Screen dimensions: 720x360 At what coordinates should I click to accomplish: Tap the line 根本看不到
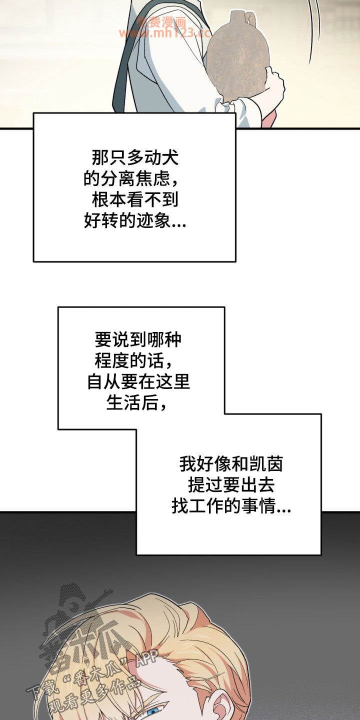[135, 200]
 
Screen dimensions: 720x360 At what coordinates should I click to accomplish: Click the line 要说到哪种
[138, 340]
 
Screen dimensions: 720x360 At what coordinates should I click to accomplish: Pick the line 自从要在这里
[138, 382]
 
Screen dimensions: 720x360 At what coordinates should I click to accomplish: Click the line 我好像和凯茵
[231, 465]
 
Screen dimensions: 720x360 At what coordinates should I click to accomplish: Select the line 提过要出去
[230, 486]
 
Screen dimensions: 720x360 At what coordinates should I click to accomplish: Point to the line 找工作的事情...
[231, 507]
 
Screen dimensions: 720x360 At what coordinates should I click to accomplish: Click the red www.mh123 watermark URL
[165, 33]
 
